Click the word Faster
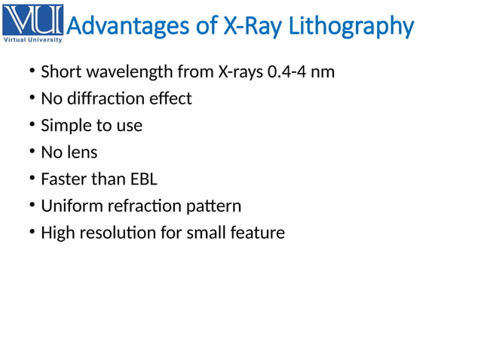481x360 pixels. pyautogui.click(x=64, y=179)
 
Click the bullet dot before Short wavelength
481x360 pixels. pyautogui.click(x=32, y=73)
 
